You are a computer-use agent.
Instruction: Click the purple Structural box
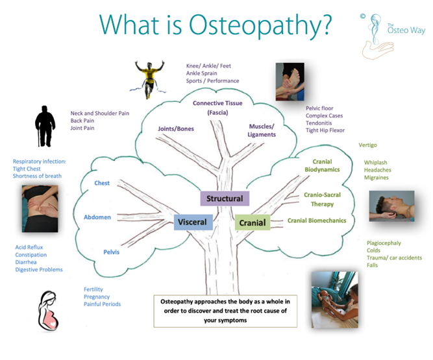tap(225, 198)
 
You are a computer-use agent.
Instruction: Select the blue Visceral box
tap(192, 222)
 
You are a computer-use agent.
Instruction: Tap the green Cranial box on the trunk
tap(252, 223)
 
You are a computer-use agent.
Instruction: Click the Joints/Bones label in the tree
tap(175, 128)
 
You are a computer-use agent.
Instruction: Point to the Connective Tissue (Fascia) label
tap(217, 108)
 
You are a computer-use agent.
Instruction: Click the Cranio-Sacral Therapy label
tap(319, 199)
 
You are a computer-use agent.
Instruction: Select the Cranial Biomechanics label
tap(317, 221)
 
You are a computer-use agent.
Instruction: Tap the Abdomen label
tap(97, 217)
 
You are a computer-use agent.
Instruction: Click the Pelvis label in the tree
tap(111, 252)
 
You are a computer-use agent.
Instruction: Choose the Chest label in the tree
tap(102, 183)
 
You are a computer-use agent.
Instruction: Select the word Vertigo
tap(367, 145)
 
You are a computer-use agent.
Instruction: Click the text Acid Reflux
tap(29, 247)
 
